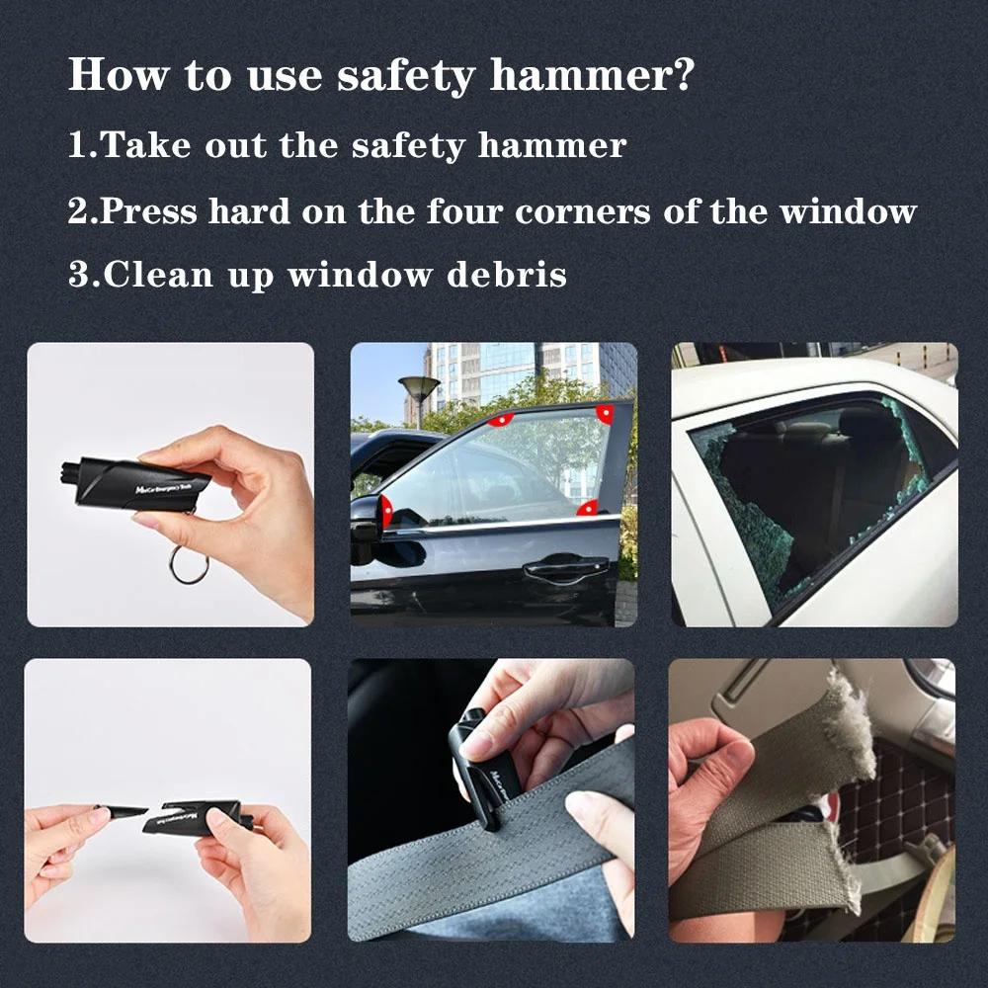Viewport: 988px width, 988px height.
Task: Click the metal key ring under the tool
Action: [189, 565]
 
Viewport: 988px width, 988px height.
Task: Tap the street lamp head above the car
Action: [419, 384]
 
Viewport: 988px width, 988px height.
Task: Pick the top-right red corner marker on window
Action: [605, 414]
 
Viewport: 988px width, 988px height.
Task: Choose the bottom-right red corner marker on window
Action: [588, 508]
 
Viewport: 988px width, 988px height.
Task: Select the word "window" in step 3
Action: [360, 274]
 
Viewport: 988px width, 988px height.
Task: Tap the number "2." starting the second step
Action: [83, 211]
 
